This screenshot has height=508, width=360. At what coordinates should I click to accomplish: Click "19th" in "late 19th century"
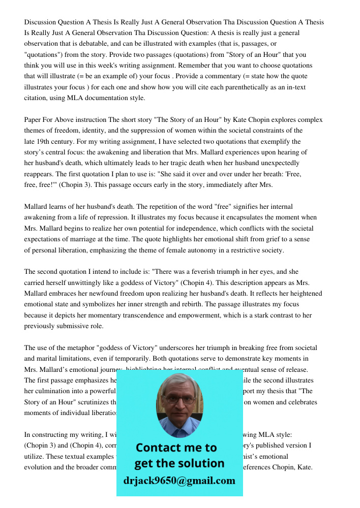[47, 142]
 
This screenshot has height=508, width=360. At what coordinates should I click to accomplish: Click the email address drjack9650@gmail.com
[179, 481]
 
